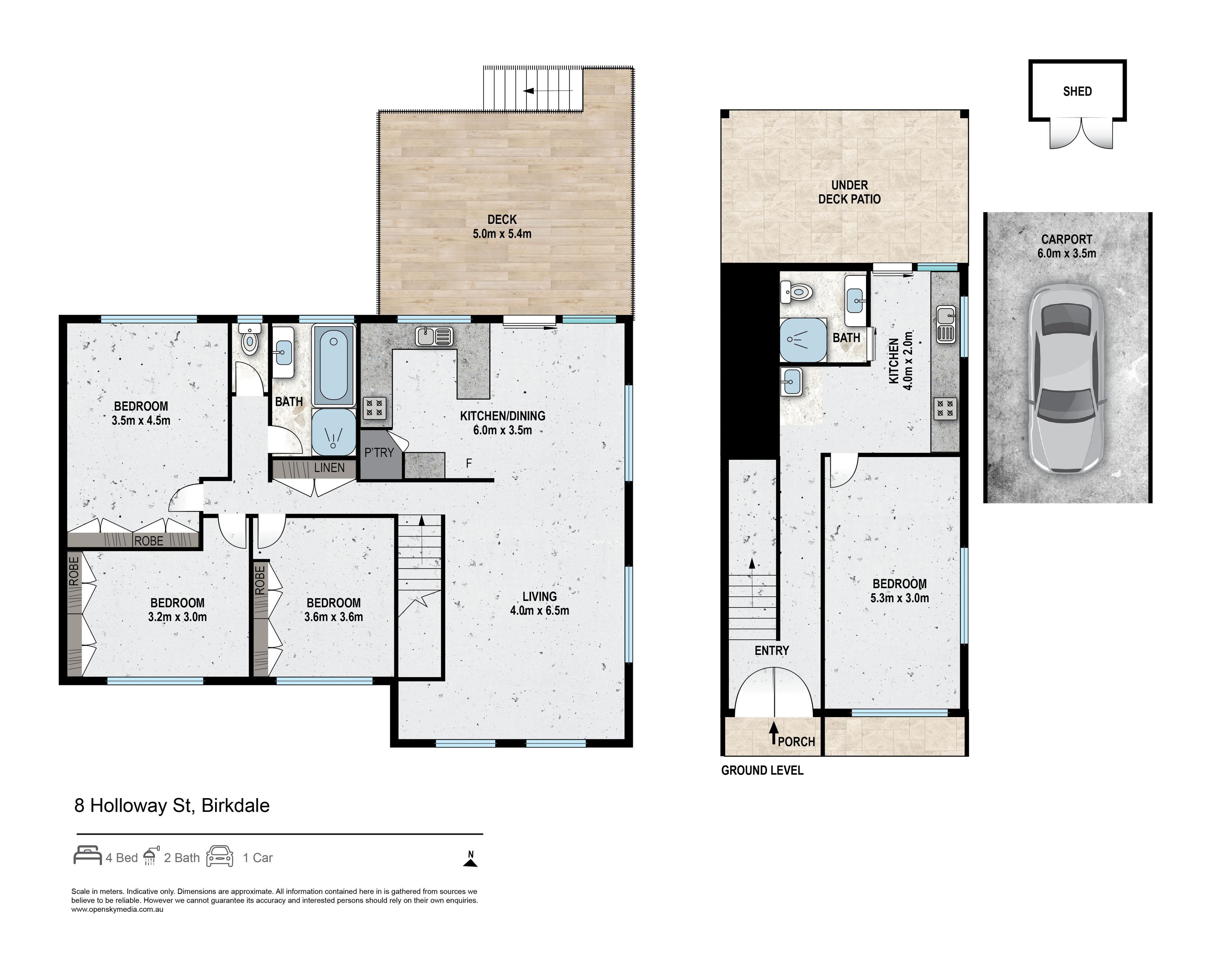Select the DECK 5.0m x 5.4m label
pyautogui.click(x=502, y=226)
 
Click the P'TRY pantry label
pyautogui.click(x=379, y=453)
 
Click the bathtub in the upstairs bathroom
pyautogui.click(x=333, y=366)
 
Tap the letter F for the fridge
pyautogui.click(x=469, y=463)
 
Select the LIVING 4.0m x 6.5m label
pyautogui.click(x=539, y=603)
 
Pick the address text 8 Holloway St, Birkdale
pyautogui.click(x=172, y=805)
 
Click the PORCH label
pyautogui.click(x=796, y=742)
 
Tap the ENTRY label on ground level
pyautogui.click(x=771, y=650)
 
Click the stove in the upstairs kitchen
pyautogui.click(x=374, y=408)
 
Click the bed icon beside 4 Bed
pyautogui.click(x=88, y=855)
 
